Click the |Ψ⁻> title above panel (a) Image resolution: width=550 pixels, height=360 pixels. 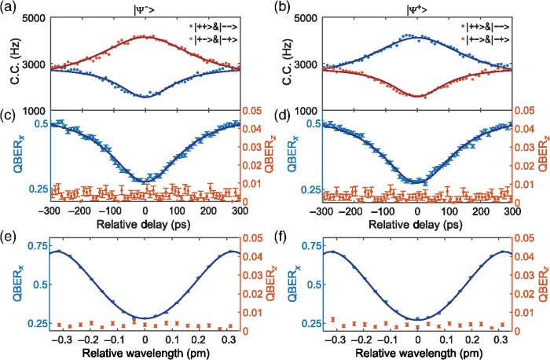(145, 9)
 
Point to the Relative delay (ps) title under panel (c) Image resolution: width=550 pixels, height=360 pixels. (145, 222)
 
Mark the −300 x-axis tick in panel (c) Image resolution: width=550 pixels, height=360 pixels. (51, 212)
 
